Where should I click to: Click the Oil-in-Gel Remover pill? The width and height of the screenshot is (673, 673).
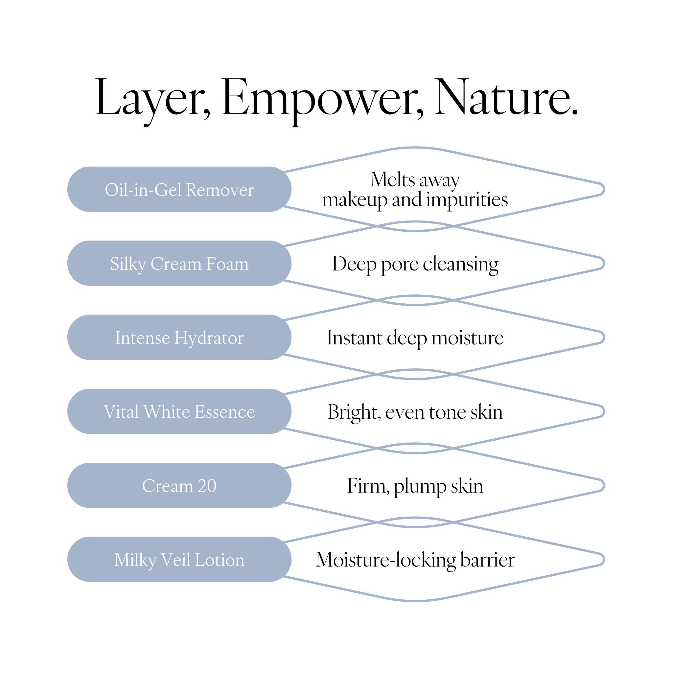[x=179, y=189]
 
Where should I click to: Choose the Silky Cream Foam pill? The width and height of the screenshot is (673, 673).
[x=179, y=263]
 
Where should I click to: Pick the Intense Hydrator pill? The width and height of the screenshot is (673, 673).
[x=179, y=337]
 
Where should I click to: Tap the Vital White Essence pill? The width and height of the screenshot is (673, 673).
[x=179, y=411]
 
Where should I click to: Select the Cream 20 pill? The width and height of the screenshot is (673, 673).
[x=179, y=485]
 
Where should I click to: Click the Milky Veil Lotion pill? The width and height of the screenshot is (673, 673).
[x=179, y=559]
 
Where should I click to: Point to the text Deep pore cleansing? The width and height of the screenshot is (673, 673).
[x=415, y=265]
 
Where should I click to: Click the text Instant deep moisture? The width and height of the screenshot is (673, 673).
[x=415, y=338]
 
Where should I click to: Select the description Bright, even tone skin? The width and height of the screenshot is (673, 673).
[x=415, y=412]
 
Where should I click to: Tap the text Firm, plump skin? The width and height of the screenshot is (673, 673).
[x=415, y=486]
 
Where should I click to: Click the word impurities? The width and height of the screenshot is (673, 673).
[x=467, y=201]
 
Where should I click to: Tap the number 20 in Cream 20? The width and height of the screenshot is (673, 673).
[x=207, y=486]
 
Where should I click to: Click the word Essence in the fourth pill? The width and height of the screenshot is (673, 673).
[x=225, y=412]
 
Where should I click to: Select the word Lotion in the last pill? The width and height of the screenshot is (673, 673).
[x=220, y=560]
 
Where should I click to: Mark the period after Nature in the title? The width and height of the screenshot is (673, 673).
[x=574, y=112]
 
